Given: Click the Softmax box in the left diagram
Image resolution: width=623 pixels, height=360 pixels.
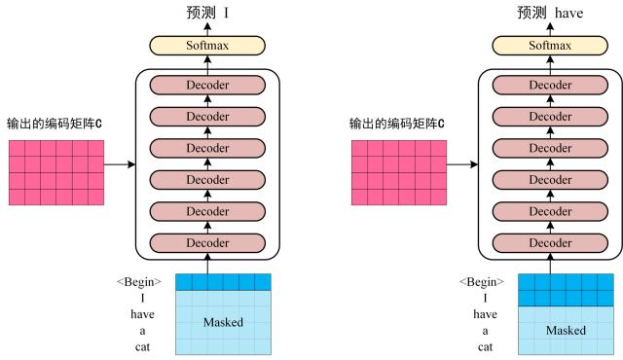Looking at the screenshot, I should pos(207,45).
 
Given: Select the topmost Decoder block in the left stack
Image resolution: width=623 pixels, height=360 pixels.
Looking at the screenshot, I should pos(207,85).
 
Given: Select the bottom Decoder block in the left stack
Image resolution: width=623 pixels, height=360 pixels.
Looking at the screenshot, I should pos(207,242).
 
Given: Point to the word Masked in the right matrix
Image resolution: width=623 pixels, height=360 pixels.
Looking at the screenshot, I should pos(566,330).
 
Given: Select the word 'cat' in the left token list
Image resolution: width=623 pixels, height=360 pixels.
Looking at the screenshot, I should pos(142,345).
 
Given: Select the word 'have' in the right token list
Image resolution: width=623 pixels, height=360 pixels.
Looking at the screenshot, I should pos(485,314).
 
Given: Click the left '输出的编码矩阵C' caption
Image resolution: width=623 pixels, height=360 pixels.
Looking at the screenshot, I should pos(55,125).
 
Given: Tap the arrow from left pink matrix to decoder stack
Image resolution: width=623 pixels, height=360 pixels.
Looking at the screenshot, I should pos(119,164).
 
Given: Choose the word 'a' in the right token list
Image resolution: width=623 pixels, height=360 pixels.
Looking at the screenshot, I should pos(485,330).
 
